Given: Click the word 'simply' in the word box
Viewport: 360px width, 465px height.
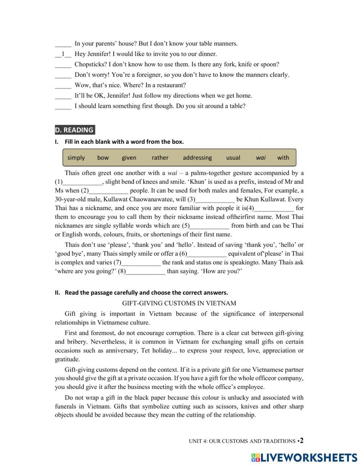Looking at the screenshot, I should (x=76, y=157).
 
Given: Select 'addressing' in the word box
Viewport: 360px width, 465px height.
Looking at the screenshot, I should (x=197, y=157).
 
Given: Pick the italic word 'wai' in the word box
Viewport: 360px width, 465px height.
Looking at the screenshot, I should (x=261, y=157).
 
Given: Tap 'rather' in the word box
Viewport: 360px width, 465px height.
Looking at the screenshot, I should (x=160, y=157).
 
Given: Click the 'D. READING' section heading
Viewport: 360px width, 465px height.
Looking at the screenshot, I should (x=75, y=130).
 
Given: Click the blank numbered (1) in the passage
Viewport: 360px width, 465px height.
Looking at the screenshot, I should (x=82, y=182).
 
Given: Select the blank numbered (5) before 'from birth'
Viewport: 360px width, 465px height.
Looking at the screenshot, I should (x=209, y=226).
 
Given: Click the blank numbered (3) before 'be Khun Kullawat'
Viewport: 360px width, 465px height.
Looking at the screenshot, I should (x=215, y=200).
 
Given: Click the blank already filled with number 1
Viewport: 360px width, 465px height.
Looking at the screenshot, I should (x=63, y=54).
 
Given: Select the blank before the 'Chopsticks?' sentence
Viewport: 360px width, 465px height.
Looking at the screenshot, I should (x=63, y=65).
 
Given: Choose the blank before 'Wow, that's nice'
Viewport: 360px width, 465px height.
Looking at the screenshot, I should (x=63, y=86).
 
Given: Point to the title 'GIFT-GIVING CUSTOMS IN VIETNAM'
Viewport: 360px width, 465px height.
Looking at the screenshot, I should (x=179, y=303).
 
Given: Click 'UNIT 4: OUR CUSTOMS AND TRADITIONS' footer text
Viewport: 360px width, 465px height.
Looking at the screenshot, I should (x=242, y=441).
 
